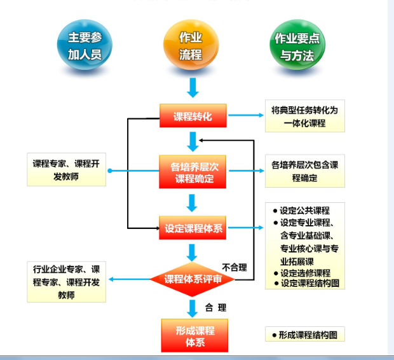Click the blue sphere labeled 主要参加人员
pos(85,46)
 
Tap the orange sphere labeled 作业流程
pos(191,46)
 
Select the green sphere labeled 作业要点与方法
pos(297,46)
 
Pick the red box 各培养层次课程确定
pos(193,172)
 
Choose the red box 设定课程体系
pos(193,228)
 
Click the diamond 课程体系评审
pos(193,279)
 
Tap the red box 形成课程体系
pos(193,336)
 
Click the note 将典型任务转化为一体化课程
pos(304,116)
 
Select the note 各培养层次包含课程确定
pos(304,172)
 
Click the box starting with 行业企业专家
pos(66,282)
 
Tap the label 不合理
pos(234,267)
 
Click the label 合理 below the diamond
pos(215,308)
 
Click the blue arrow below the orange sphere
pos(193,86)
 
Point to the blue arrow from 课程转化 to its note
pos(245,116)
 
